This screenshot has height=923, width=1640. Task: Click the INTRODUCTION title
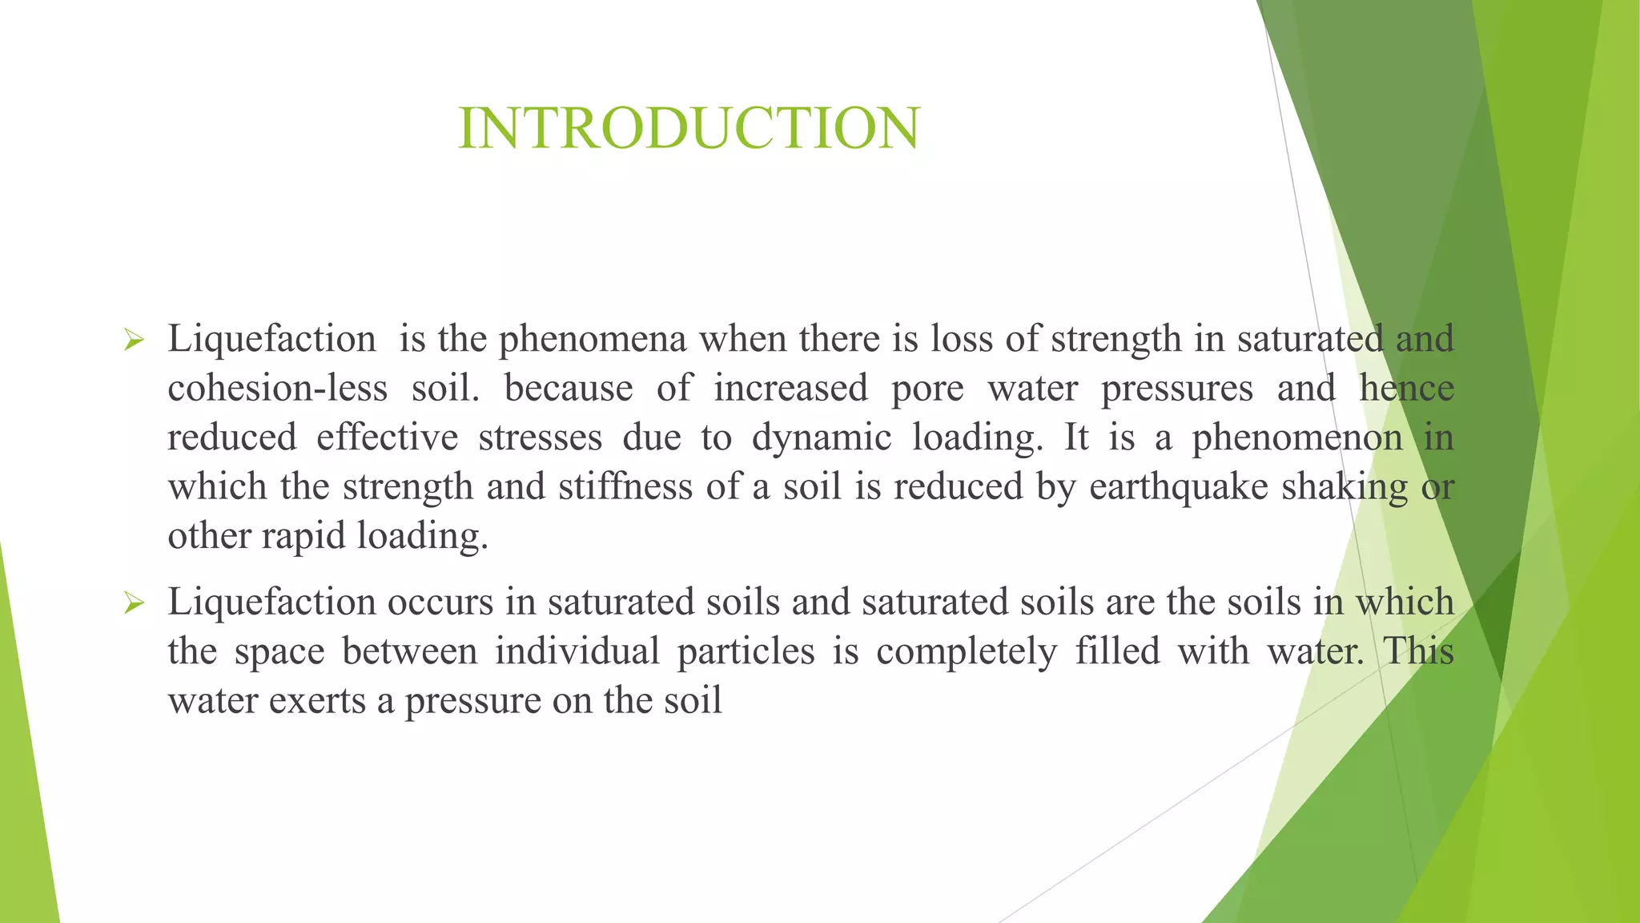[x=689, y=128]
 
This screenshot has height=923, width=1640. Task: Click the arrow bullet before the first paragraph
[x=134, y=341]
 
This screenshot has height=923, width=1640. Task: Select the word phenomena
[x=593, y=340]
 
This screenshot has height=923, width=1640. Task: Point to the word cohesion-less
[x=278, y=389]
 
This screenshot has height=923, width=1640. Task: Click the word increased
[x=790, y=389]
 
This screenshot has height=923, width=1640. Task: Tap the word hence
[x=1406, y=389]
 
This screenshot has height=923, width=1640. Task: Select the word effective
[x=388, y=437]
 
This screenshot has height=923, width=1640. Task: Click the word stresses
[x=541, y=438]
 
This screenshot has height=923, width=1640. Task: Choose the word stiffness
[x=625, y=487]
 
